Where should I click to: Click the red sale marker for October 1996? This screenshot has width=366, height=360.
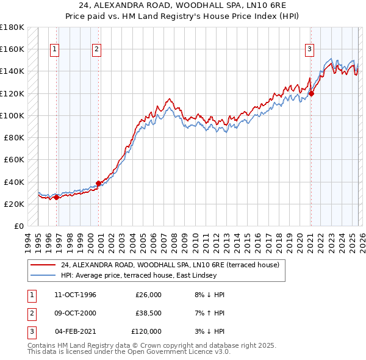57,197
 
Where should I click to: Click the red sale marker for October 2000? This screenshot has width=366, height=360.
98,183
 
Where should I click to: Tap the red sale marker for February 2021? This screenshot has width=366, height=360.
310,93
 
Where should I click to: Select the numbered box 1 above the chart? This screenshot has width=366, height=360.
55,49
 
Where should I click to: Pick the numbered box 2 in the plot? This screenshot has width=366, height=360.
96,49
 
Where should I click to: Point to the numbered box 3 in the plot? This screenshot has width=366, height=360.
309,49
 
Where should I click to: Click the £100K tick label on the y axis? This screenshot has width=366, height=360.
12,115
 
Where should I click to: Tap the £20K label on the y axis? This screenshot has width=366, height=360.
14,204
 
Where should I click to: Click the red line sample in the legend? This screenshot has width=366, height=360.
43,265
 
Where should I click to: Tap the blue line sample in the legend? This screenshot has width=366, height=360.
43,275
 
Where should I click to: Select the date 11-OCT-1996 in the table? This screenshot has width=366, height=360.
75,295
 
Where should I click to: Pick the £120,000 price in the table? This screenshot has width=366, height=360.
146,331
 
